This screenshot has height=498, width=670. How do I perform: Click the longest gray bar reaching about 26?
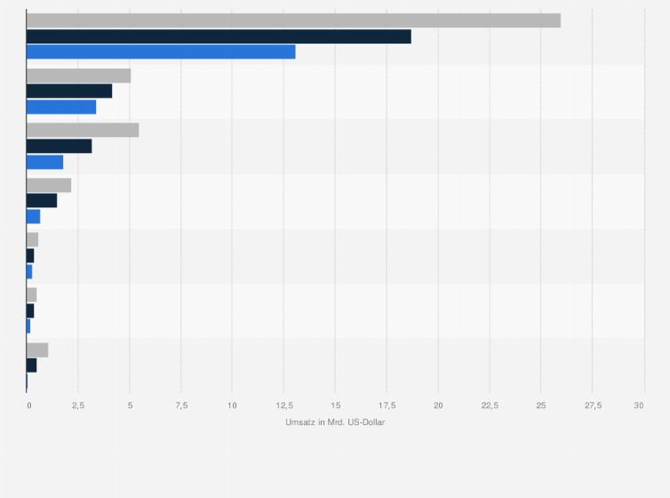(x=293, y=20)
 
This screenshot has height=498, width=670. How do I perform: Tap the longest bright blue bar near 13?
(x=161, y=52)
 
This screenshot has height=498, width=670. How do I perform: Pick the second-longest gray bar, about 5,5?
(x=83, y=130)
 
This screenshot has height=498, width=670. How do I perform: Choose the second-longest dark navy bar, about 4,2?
(x=69, y=91)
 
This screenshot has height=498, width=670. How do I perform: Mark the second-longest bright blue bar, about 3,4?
(x=61, y=107)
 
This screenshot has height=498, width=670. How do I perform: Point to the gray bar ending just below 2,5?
(x=49, y=185)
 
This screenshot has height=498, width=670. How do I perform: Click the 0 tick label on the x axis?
(x=28, y=406)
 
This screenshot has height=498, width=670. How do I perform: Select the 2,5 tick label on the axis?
(x=78, y=406)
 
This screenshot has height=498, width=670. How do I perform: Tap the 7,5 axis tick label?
(x=181, y=406)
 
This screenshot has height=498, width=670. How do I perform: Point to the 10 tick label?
(x=232, y=406)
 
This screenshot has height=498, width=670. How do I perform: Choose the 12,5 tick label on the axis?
(x=283, y=406)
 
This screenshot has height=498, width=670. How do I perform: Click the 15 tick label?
(x=335, y=406)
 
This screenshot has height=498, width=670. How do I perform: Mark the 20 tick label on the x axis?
(x=438, y=406)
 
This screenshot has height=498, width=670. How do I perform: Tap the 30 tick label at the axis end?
(x=639, y=406)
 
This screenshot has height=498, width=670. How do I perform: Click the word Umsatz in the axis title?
(x=299, y=422)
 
